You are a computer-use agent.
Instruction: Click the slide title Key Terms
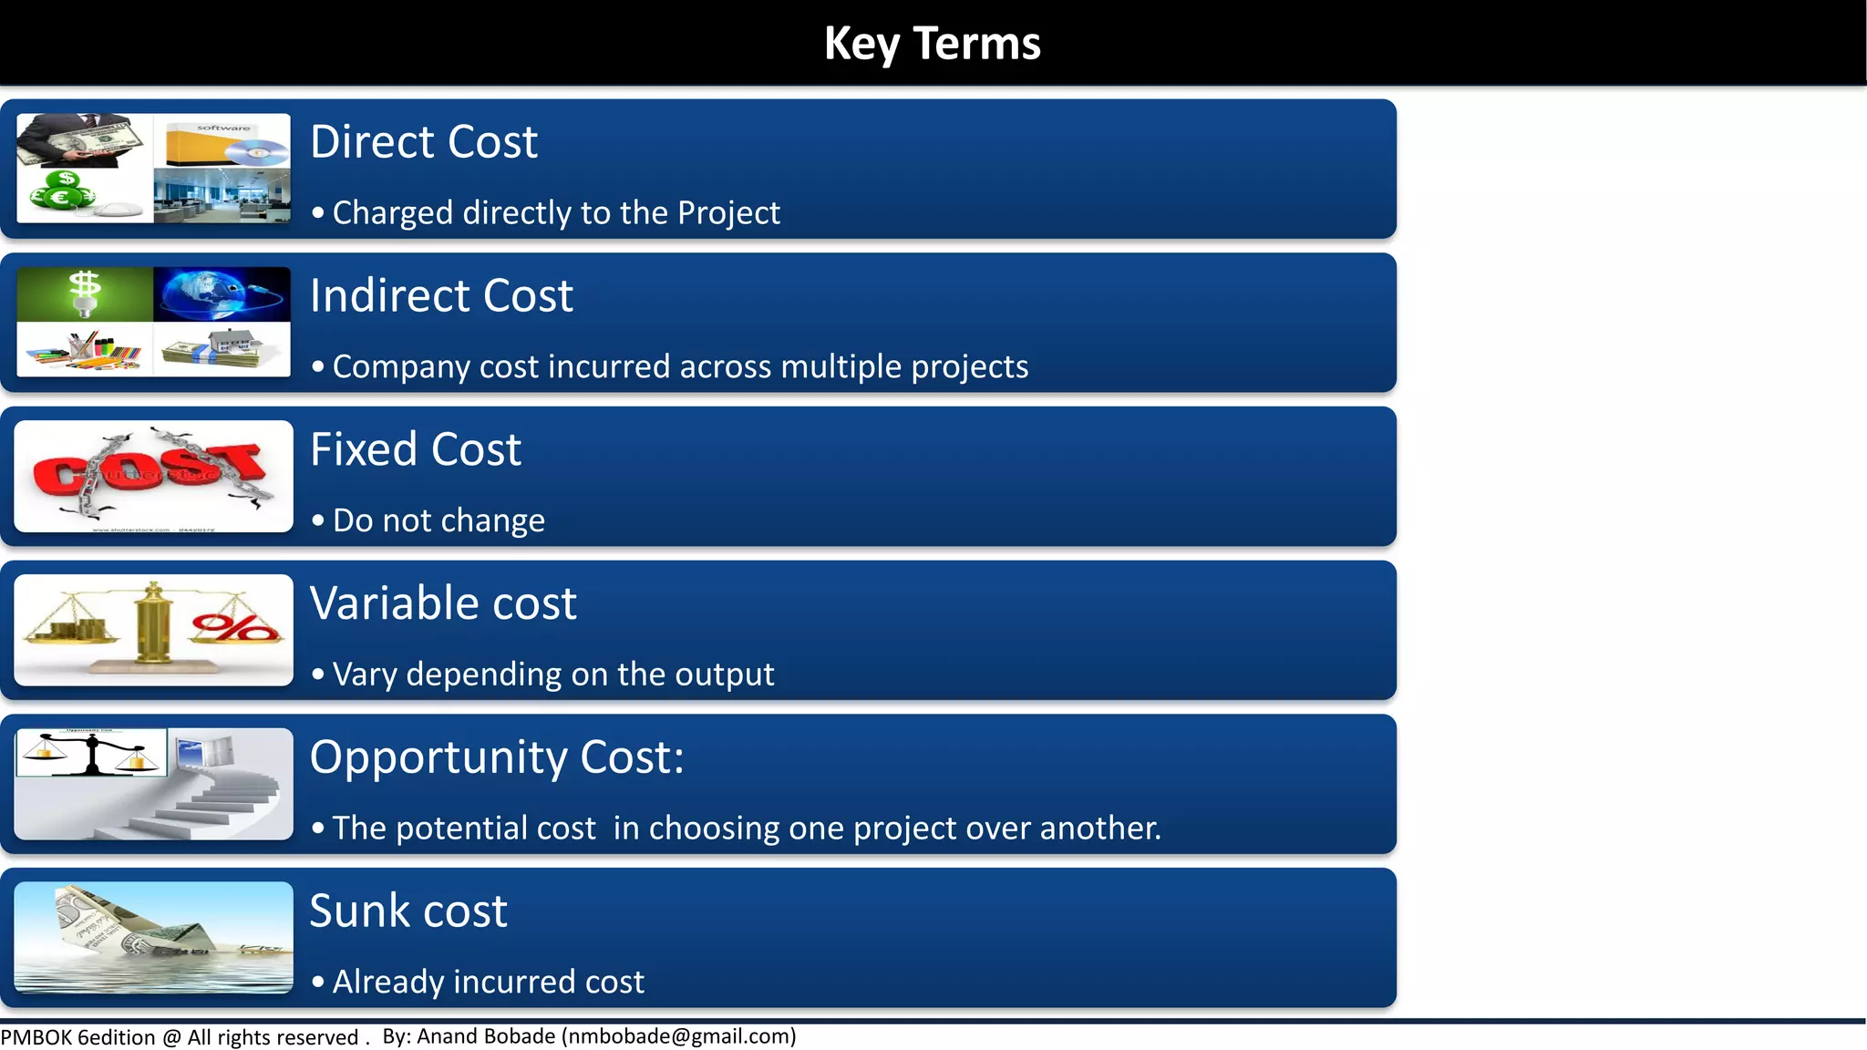(932, 43)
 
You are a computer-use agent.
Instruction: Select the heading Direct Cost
(424, 142)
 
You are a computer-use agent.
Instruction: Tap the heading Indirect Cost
(441, 296)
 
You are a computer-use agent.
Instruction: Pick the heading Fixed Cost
(416, 450)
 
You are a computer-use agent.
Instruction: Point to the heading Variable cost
(443, 603)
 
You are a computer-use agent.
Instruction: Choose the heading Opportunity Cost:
(497, 757)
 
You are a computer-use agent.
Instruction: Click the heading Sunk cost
(408, 911)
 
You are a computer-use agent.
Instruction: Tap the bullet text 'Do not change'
(438, 520)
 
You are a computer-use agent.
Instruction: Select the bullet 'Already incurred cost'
(488, 983)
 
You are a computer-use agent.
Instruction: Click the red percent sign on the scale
(235, 627)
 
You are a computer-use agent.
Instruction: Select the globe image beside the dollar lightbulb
(222, 293)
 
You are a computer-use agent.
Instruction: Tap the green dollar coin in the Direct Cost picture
(66, 179)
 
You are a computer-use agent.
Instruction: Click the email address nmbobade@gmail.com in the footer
(679, 1037)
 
